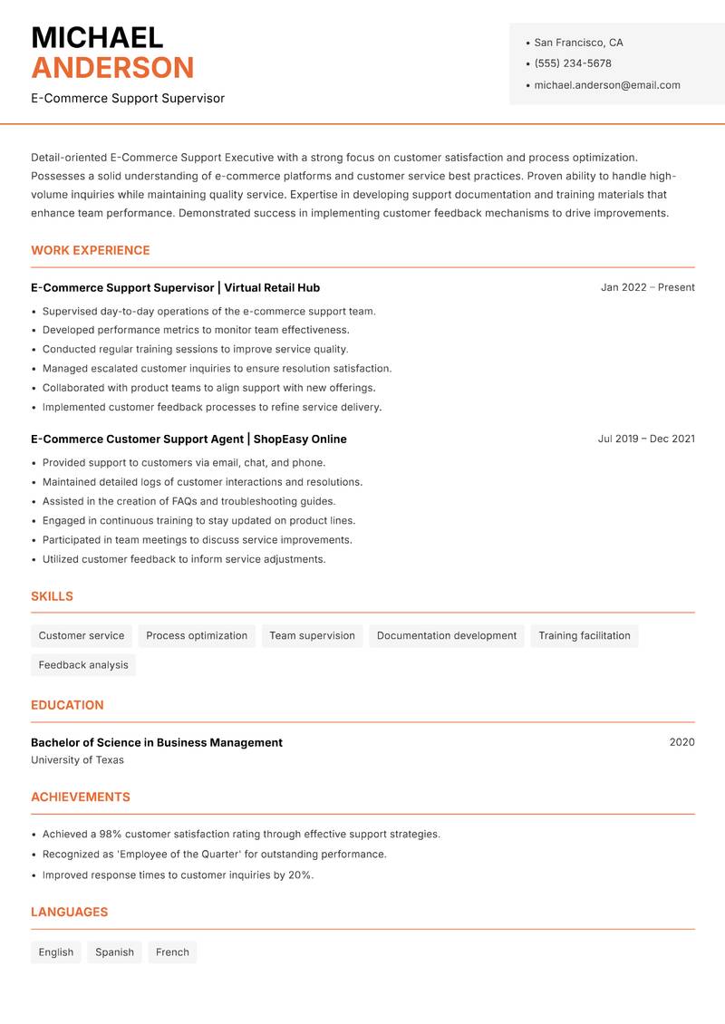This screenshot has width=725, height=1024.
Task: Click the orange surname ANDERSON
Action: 112,68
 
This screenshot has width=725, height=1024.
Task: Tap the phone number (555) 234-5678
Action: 573,63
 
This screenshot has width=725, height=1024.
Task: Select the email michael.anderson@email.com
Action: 607,85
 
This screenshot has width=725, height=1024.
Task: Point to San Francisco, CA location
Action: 578,43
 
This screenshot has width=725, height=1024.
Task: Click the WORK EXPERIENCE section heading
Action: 91,250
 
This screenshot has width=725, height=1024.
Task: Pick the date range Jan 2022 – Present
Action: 647,287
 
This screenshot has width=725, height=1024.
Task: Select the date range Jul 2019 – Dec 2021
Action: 646,439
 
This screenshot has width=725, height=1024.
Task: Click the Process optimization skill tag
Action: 197,636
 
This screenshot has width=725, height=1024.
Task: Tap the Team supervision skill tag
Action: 313,636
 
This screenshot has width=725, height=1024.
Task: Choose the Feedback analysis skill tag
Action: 83,665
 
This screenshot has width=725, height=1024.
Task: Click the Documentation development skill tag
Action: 447,636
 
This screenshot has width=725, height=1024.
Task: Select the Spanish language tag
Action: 114,952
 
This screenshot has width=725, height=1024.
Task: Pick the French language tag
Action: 172,952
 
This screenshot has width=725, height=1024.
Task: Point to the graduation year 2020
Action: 681,742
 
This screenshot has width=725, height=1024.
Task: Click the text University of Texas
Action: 78,760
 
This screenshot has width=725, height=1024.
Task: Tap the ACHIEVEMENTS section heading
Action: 81,797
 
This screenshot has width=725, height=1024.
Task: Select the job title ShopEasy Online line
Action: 188,439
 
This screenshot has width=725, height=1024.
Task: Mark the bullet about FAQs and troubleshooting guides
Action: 188,501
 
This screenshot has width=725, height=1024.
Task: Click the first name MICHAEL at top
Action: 97,37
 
